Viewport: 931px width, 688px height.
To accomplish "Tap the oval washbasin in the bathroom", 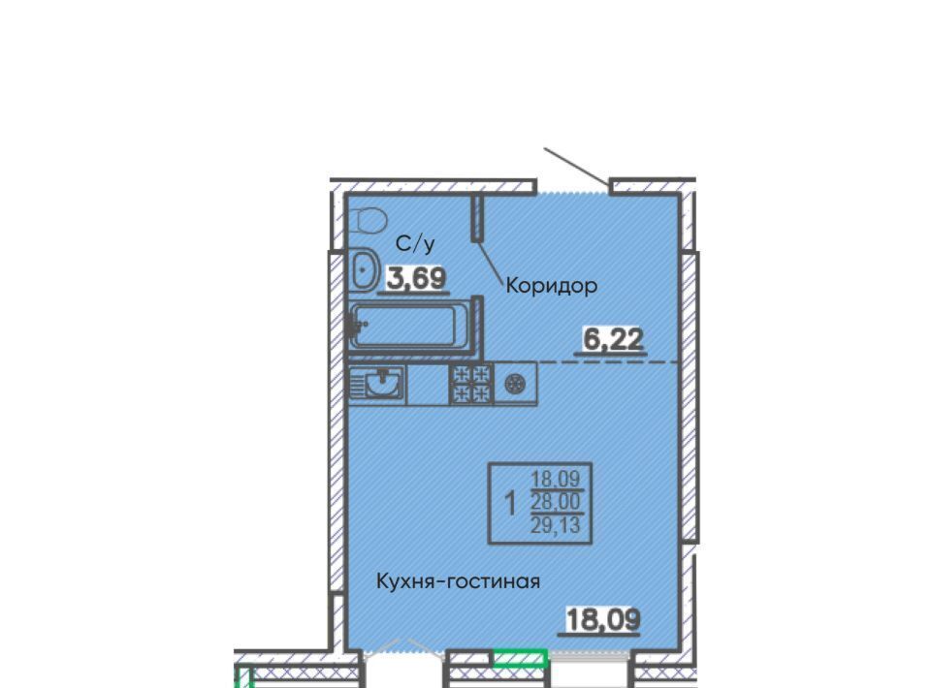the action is [364, 271].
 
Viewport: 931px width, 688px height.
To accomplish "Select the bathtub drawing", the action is [409, 326].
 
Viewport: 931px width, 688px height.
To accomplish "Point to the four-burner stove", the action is [471, 384].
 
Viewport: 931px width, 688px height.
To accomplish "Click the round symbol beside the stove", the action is [514, 384].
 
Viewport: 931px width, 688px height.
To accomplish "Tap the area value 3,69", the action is [416, 278].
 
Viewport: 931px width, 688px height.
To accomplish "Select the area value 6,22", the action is [613, 340].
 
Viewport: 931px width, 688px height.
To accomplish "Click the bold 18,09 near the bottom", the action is [603, 620].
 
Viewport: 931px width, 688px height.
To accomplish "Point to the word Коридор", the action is [551, 287].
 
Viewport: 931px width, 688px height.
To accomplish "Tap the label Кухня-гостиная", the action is [459, 581].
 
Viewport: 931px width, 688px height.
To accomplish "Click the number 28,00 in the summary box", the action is [556, 502].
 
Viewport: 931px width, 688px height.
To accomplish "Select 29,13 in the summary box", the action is [556, 525].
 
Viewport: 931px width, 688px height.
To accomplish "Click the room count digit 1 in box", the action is [509, 504].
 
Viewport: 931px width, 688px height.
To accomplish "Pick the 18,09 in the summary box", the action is [556, 478].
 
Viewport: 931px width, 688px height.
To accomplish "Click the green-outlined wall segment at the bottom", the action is [520, 658].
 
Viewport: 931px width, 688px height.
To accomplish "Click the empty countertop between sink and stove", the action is [428, 385].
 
